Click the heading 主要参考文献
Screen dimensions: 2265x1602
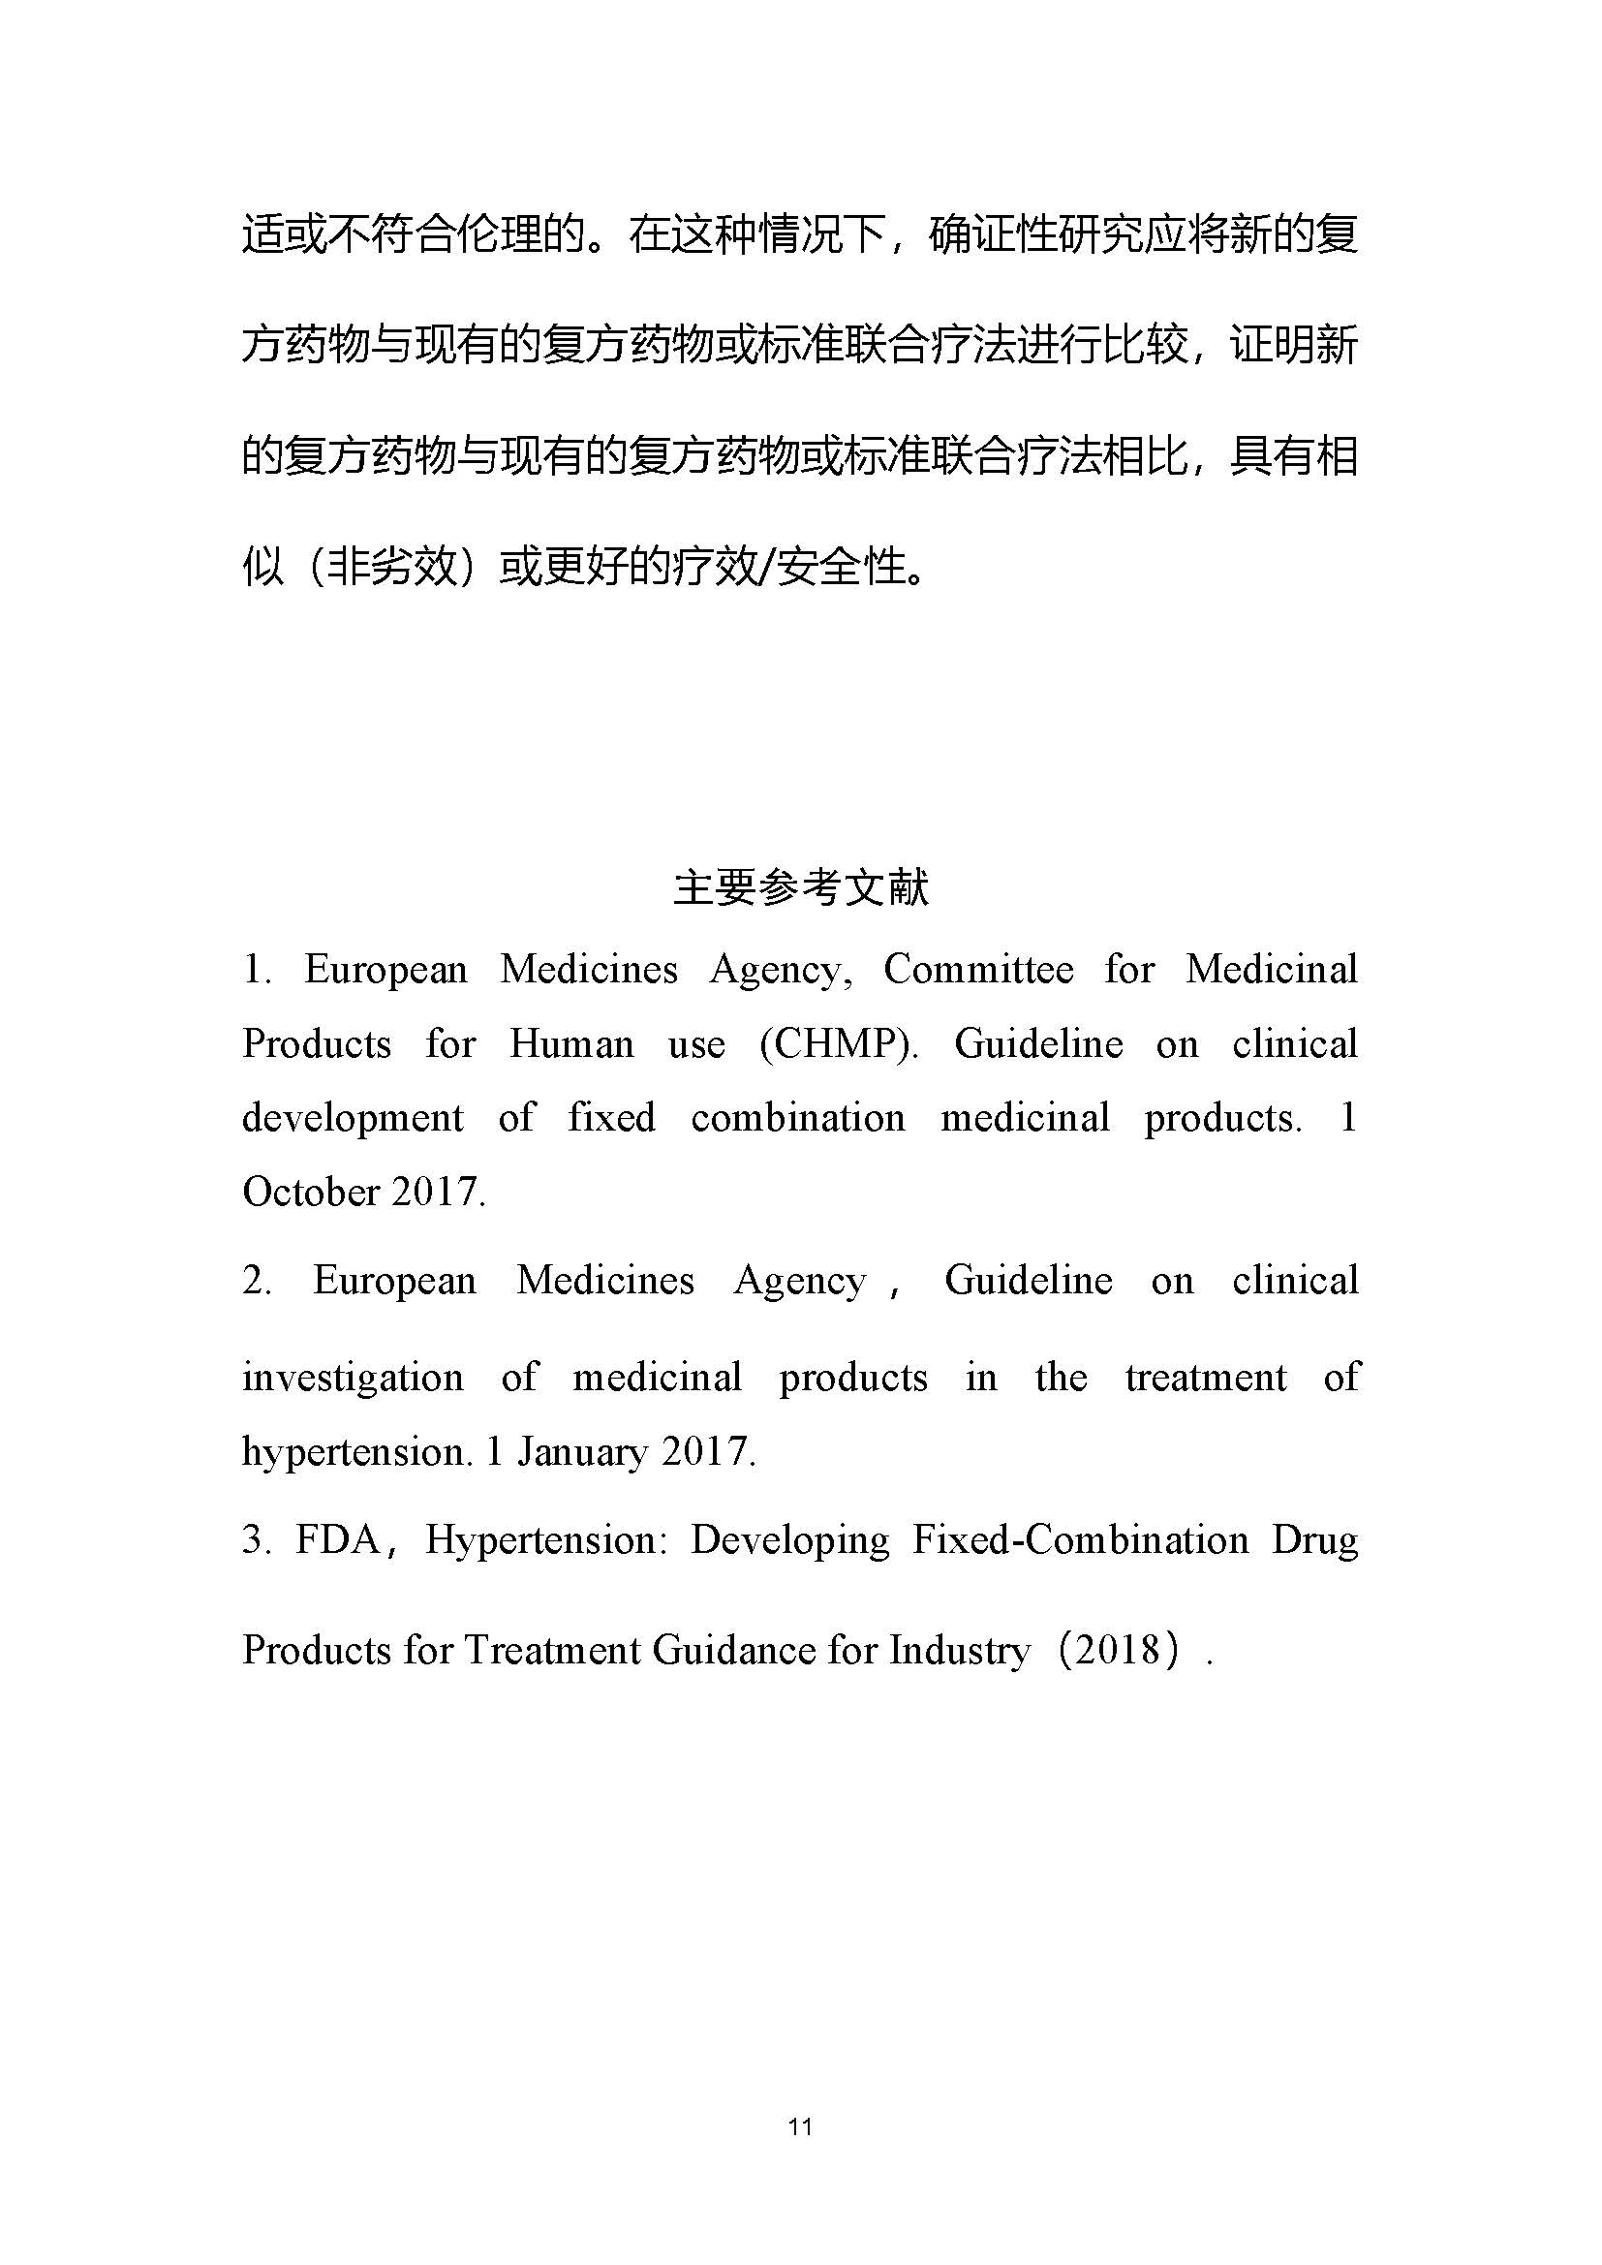point(800,887)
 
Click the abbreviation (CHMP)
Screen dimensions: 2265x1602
point(839,1043)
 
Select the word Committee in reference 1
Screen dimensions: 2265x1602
point(977,970)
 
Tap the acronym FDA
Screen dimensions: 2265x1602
point(337,1540)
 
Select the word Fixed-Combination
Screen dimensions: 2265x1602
point(1079,1540)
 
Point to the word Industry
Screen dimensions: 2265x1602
point(959,1650)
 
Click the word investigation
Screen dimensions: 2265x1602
point(353,1378)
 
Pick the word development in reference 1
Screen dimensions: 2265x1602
point(353,1118)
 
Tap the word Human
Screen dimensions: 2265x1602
point(571,1043)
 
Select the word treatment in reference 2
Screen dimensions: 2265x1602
point(1206,1378)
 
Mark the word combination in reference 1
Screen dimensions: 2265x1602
point(797,1118)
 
